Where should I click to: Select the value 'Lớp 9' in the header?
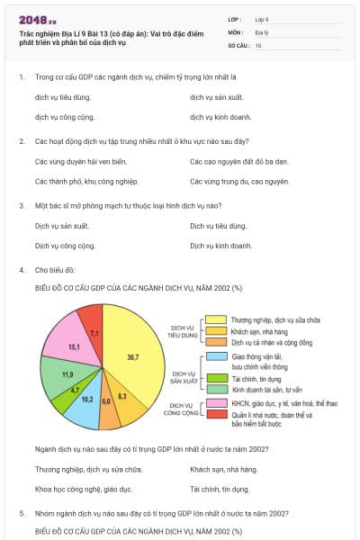click(x=263, y=19)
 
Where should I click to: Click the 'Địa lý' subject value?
click(x=262, y=31)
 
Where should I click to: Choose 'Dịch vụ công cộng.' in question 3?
click(x=65, y=245)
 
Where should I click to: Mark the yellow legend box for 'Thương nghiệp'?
click(x=216, y=319)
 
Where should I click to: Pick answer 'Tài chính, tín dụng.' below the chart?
click(x=220, y=490)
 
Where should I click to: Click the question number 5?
click(x=22, y=513)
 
